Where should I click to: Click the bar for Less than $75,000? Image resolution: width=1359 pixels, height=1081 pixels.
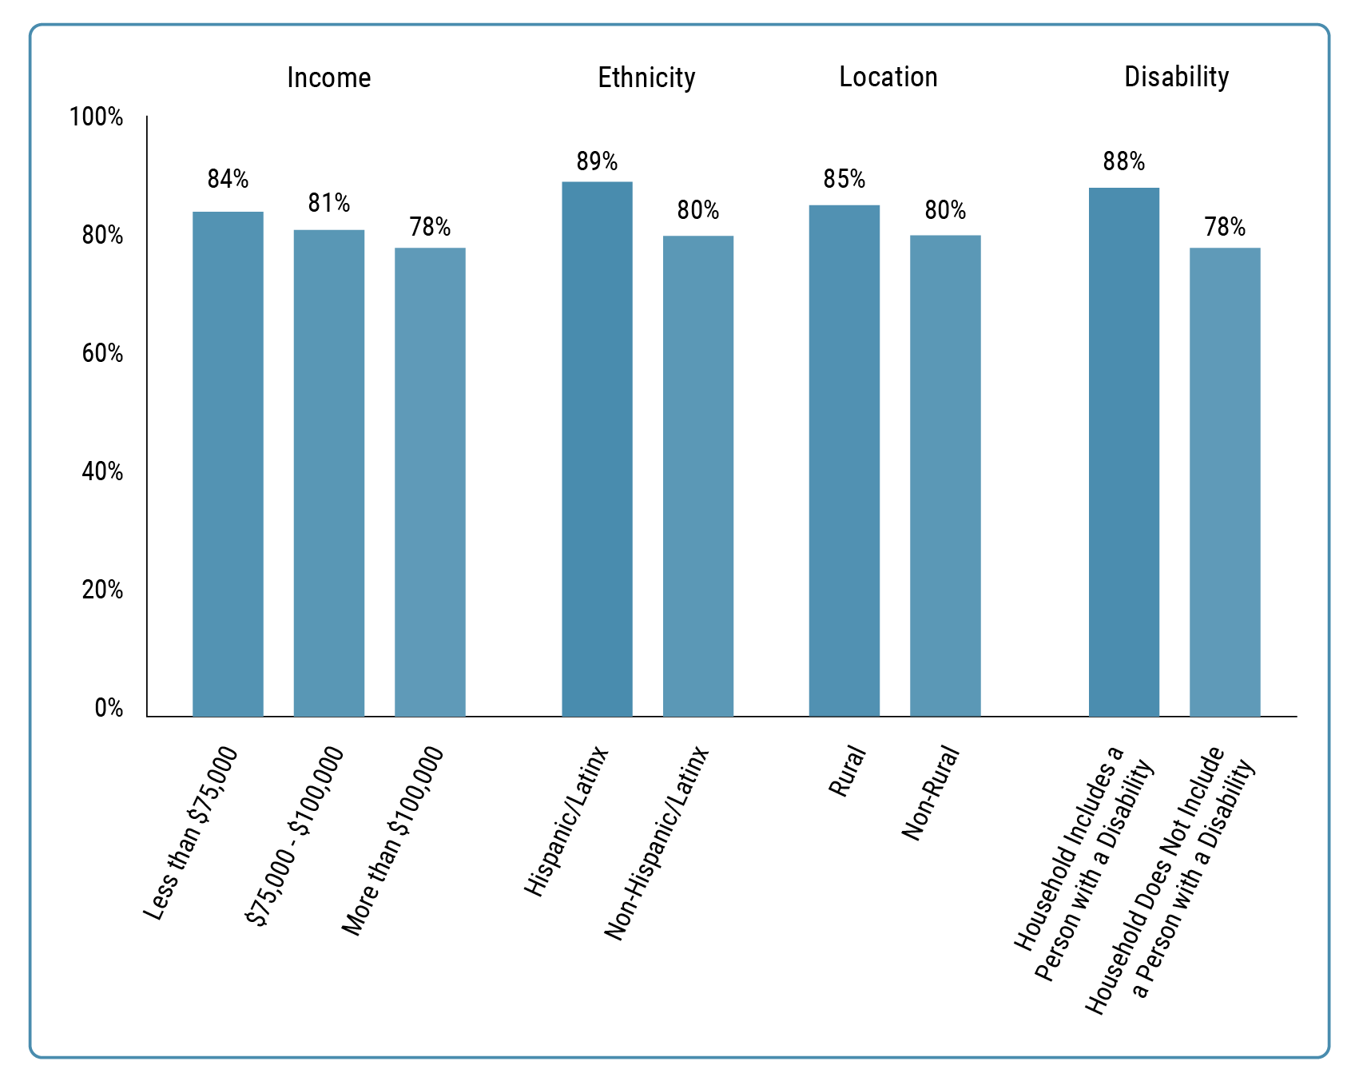[228, 463]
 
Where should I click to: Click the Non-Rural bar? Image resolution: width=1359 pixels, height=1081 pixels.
[945, 475]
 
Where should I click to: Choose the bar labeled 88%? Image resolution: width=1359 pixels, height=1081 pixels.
[1123, 452]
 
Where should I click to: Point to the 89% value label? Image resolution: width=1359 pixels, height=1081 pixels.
[597, 162]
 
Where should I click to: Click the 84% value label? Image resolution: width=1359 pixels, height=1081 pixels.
[228, 180]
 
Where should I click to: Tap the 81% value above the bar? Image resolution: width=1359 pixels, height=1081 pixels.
[329, 204]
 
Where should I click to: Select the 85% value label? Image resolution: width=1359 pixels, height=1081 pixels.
[844, 180]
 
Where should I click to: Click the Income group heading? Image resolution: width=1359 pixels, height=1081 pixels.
[328, 77]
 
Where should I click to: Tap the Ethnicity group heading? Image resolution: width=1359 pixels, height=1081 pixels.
[646, 77]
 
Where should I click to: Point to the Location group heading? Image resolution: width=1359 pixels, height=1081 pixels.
[888, 77]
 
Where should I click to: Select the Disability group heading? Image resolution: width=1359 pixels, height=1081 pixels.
[1176, 77]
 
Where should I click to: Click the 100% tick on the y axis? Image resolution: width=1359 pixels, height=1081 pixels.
[97, 117]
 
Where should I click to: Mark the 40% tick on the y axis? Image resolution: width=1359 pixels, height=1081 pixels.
[102, 472]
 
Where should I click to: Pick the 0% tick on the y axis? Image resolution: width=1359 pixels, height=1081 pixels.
[109, 709]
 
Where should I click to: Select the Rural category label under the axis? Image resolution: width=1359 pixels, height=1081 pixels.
[847, 771]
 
